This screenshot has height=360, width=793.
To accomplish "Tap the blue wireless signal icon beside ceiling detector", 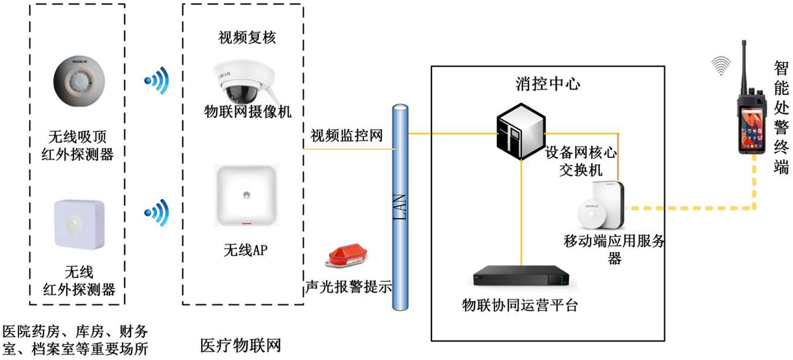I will point(157,80).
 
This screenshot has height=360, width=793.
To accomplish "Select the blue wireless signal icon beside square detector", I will point(157,211).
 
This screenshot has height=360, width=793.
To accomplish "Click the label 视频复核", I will point(247,37).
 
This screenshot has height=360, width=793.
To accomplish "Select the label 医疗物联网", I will point(240,345).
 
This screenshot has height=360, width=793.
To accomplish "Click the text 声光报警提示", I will point(348,286).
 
